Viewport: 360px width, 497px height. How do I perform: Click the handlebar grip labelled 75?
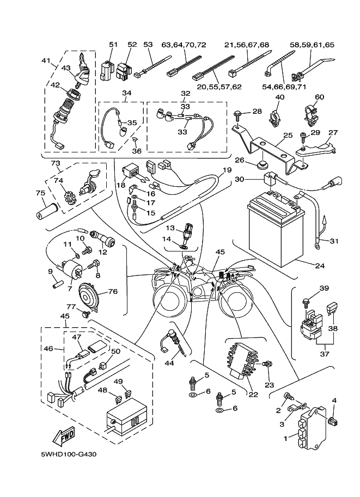[47, 208]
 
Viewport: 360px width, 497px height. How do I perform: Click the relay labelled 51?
[108, 70]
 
